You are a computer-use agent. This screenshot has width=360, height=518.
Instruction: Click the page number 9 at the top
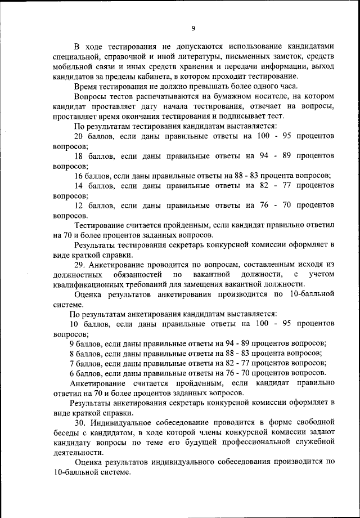click(x=193, y=29)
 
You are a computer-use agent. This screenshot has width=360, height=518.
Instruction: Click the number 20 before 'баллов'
click(x=79, y=136)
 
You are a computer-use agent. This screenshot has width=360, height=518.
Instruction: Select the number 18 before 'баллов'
click(x=79, y=155)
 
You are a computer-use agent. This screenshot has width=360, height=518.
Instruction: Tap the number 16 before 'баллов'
click(x=79, y=175)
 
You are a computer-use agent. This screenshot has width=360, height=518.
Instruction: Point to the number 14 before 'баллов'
click(x=79, y=185)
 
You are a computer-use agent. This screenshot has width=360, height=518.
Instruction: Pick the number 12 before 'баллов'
click(x=79, y=205)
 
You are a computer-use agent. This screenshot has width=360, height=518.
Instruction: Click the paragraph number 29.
click(x=80, y=264)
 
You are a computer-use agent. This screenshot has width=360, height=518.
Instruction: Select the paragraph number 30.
click(x=80, y=422)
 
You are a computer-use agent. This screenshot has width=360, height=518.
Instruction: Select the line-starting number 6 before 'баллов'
click(x=71, y=373)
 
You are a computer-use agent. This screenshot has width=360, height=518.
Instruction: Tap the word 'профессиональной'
click(x=250, y=442)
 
